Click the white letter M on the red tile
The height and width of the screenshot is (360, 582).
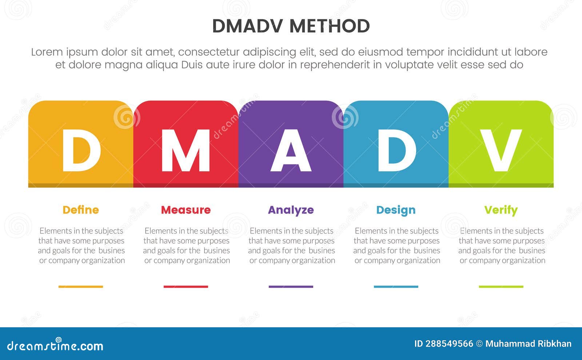[x=186, y=151]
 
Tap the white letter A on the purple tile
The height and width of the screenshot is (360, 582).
[x=291, y=151]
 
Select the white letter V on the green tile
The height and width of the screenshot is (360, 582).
[x=501, y=151]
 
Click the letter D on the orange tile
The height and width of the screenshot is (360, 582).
[x=81, y=151]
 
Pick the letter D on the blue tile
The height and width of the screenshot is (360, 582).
[x=396, y=151]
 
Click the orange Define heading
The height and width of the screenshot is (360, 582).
[x=81, y=210]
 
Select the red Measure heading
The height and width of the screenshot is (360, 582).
[x=186, y=210]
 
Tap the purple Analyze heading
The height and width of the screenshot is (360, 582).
[x=291, y=210]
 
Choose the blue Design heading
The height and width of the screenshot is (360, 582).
[x=396, y=210]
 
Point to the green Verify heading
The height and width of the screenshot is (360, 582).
[x=501, y=210]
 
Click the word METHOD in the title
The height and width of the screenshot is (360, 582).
[x=330, y=26]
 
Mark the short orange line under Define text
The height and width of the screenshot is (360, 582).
[x=81, y=287]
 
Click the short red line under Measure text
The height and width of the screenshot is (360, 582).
[x=186, y=287]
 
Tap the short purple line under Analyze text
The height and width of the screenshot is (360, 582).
[x=291, y=287]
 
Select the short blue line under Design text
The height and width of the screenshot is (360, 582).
[x=396, y=287]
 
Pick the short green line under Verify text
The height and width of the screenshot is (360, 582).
[x=501, y=287]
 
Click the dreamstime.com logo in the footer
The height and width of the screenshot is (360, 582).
[x=55, y=345]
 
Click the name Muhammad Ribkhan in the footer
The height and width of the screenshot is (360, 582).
[x=528, y=344]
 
